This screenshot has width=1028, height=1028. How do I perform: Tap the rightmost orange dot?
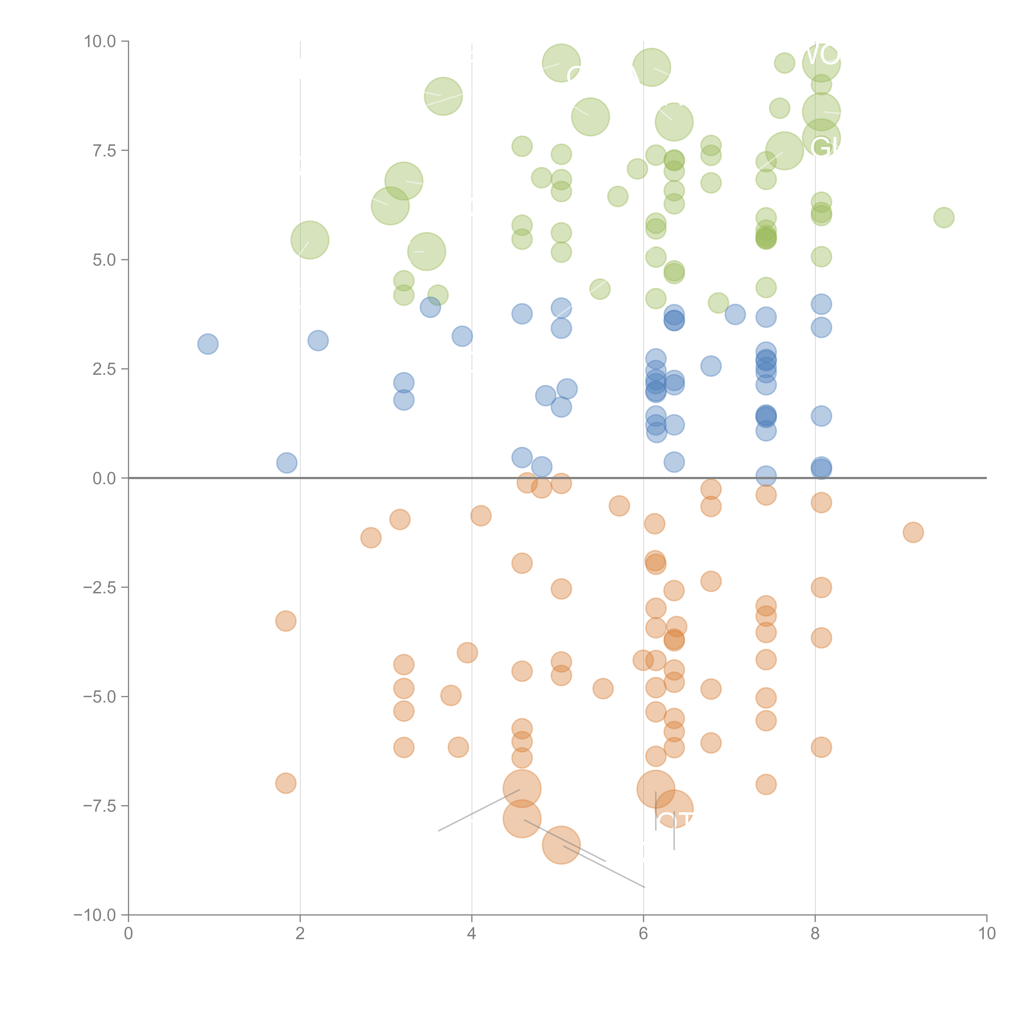(x=913, y=532)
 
